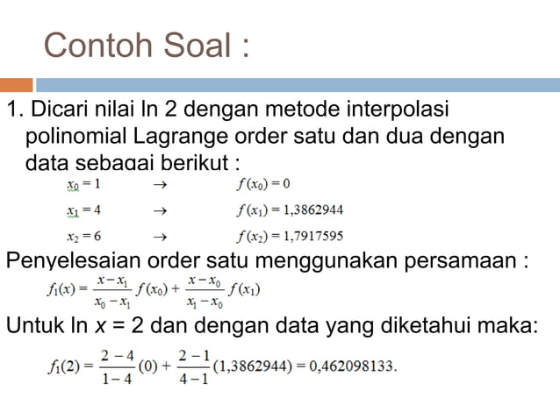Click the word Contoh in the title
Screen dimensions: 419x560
(93, 46)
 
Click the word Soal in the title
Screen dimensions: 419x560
(193, 46)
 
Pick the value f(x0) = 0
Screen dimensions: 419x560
(263, 185)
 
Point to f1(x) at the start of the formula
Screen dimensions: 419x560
(64, 289)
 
